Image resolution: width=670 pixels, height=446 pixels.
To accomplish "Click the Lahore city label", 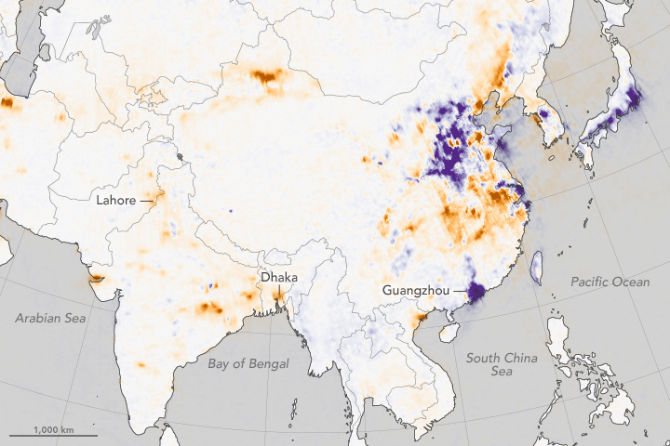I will coord(115,200).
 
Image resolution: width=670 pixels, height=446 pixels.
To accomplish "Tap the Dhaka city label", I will coord(280,276).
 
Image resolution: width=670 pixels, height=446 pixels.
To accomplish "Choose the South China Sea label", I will coord(496,365).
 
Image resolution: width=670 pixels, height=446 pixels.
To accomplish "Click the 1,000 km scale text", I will coord(53,428).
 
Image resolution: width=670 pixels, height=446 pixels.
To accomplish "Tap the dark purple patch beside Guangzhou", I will coord(477,294).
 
